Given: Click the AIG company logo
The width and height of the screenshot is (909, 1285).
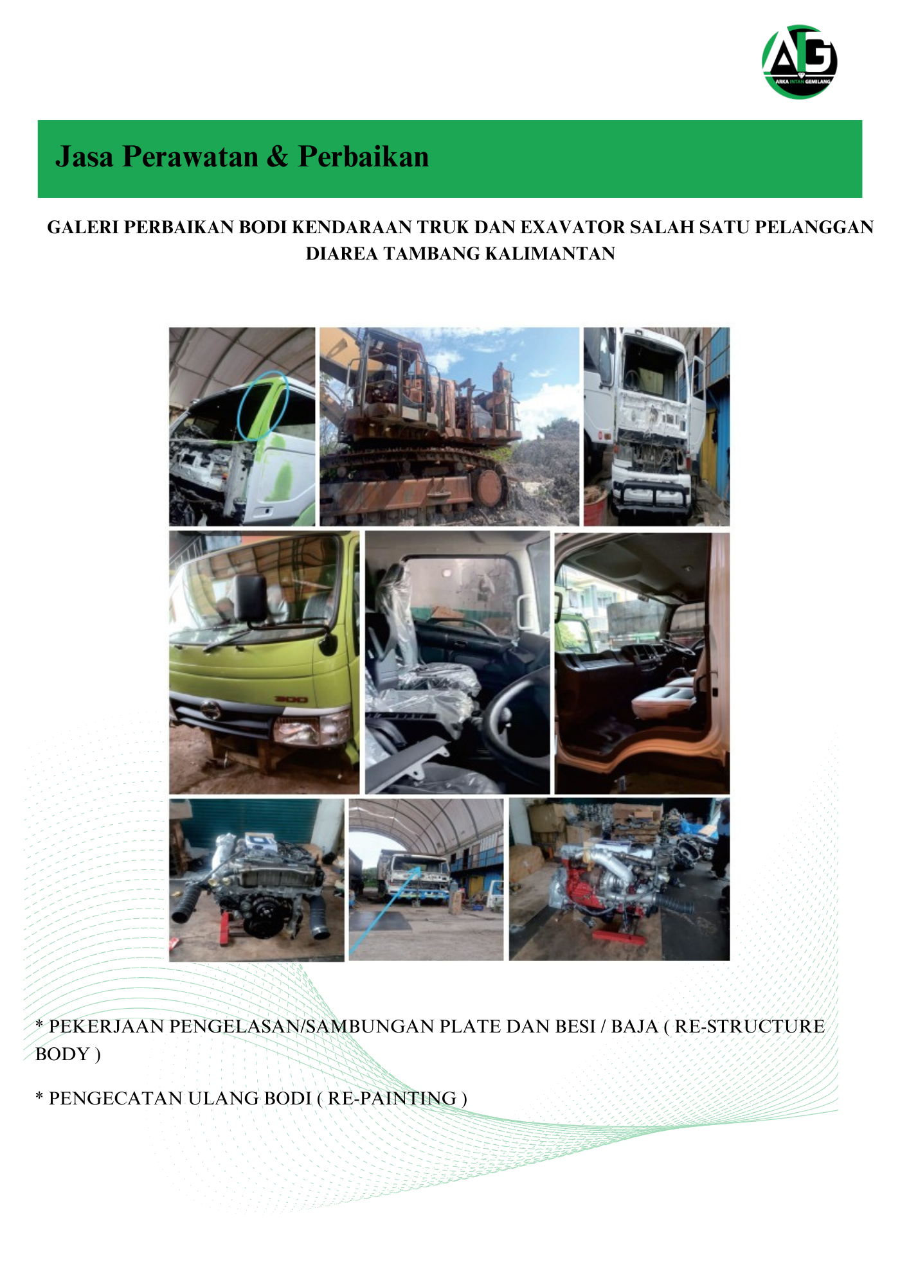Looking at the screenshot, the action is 800,62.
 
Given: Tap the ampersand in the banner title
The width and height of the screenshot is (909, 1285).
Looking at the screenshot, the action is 277,157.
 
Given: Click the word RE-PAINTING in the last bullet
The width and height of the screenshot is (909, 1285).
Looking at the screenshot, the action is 392,1098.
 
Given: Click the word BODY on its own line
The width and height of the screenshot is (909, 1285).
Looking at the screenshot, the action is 62,1054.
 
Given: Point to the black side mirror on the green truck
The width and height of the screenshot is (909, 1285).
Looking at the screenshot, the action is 251,598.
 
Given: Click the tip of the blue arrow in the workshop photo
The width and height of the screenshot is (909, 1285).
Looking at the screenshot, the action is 421,866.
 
